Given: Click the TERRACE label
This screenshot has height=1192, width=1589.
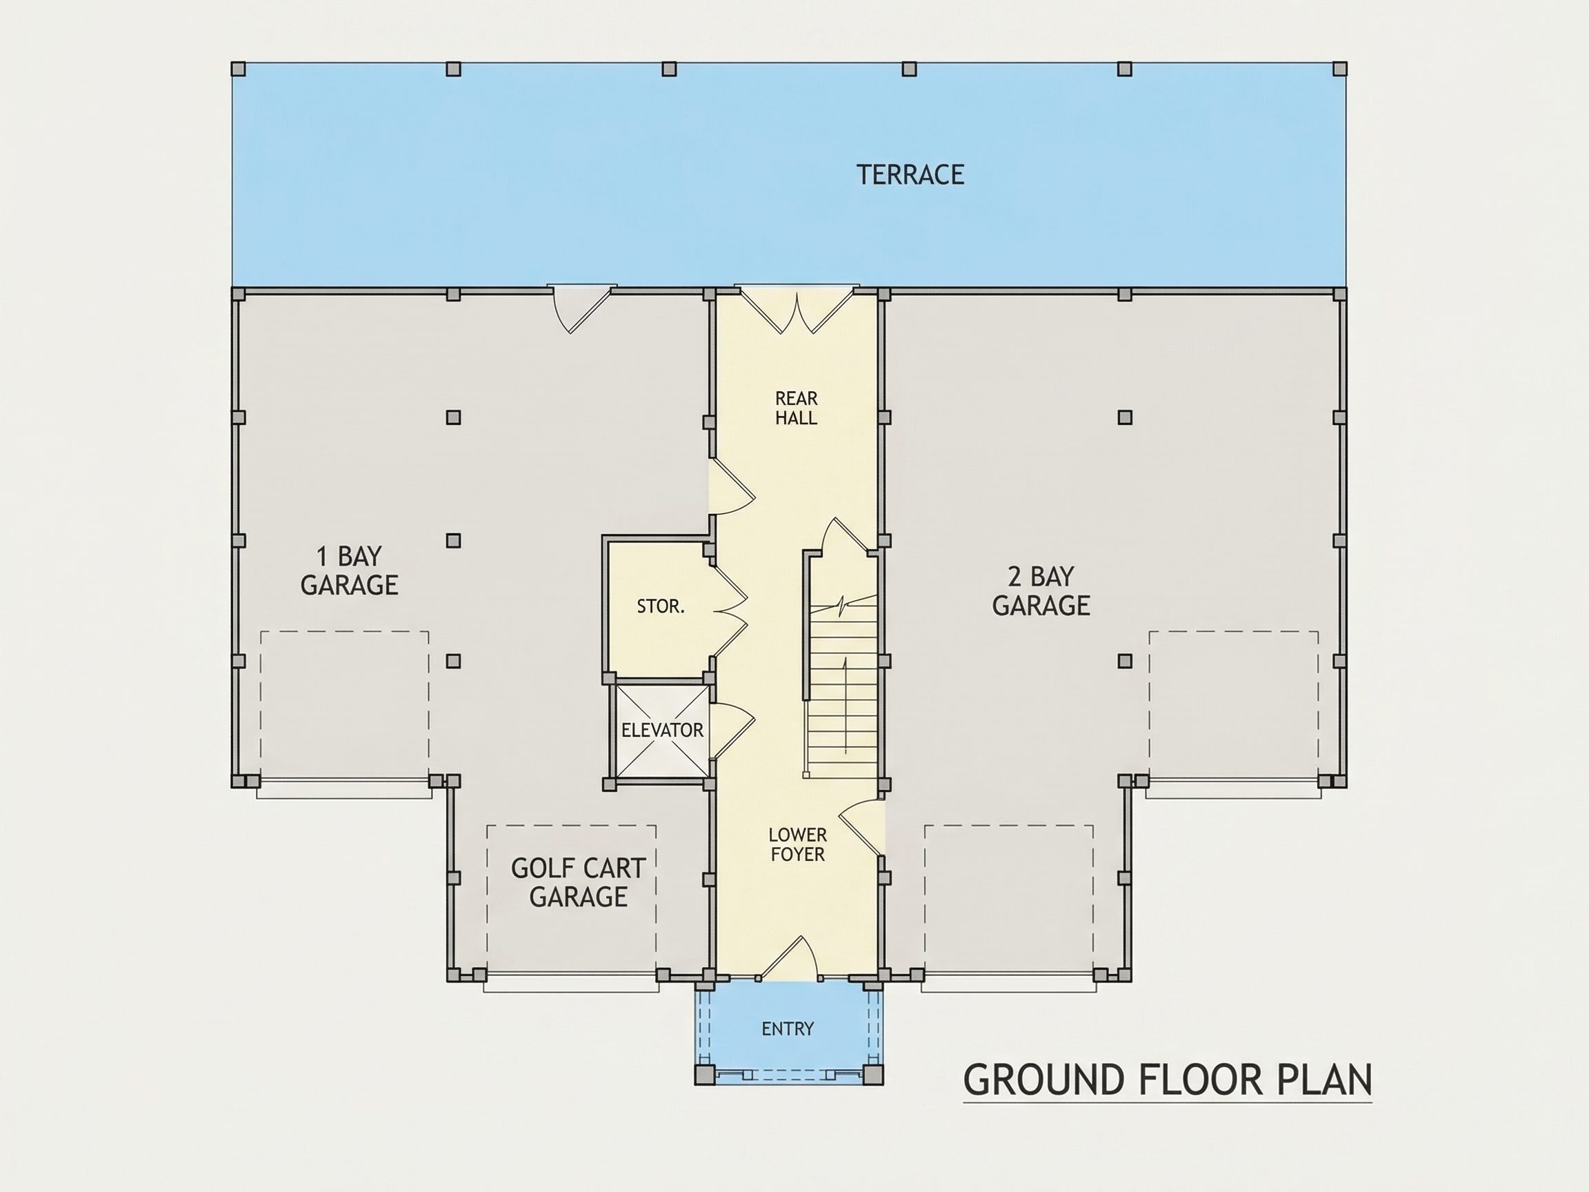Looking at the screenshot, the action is pos(910,175).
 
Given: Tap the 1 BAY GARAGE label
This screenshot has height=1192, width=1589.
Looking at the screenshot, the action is pos(349,570).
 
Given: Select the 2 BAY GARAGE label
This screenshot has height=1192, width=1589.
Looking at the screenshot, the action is pos(1041,590).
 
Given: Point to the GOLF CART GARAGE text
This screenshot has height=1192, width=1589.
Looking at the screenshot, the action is pos(578,882).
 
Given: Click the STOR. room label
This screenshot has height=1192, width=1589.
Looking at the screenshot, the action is pos(660,606).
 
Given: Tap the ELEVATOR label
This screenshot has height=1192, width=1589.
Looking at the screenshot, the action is pos(662,731).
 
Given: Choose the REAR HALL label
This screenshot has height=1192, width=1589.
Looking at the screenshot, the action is pos(796,408).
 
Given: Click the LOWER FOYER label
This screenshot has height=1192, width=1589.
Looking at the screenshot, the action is pos(797,844).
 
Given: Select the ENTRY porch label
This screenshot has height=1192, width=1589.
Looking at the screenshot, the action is pos(788,1029).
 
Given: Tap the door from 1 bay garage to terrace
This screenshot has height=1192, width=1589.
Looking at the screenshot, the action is pos(582,309).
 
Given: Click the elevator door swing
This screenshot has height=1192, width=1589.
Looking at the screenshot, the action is pos(731,730).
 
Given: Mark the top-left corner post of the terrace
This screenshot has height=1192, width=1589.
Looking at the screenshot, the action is pos(239,69).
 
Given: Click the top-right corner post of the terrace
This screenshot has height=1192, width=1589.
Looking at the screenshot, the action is pos(1340,69).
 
